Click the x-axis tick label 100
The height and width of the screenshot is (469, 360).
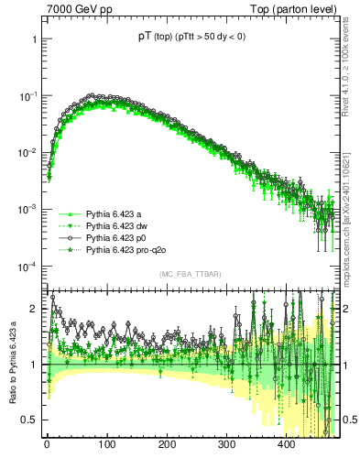coord(106,444)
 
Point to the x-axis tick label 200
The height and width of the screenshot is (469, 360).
coord(167,444)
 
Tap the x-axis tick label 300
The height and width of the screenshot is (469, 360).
coord(226,444)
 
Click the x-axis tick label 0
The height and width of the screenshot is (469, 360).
coord(47,444)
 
